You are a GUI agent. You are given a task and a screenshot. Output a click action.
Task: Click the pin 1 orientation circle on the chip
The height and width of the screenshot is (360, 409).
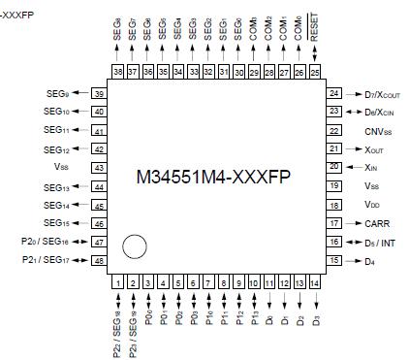click(x=135, y=247)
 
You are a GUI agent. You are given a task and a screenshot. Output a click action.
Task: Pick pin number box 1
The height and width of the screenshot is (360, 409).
click(x=116, y=281)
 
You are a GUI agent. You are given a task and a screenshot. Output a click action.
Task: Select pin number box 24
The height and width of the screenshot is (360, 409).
click(x=334, y=94)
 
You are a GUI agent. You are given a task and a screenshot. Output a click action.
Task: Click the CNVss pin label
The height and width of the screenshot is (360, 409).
click(x=378, y=130)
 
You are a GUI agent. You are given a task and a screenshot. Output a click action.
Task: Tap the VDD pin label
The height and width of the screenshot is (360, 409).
click(x=371, y=204)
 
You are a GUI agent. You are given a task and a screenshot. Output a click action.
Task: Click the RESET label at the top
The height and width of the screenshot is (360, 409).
click(x=314, y=40)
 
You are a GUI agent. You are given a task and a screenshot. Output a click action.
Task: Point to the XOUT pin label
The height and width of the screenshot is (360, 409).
click(x=374, y=148)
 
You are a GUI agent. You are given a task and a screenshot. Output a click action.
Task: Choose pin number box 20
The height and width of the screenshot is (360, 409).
click(x=334, y=167)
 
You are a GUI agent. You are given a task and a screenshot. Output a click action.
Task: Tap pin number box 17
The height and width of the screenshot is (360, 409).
click(x=334, y=222)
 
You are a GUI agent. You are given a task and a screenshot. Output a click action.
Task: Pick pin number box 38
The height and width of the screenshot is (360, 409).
click(x=116, y=72)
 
